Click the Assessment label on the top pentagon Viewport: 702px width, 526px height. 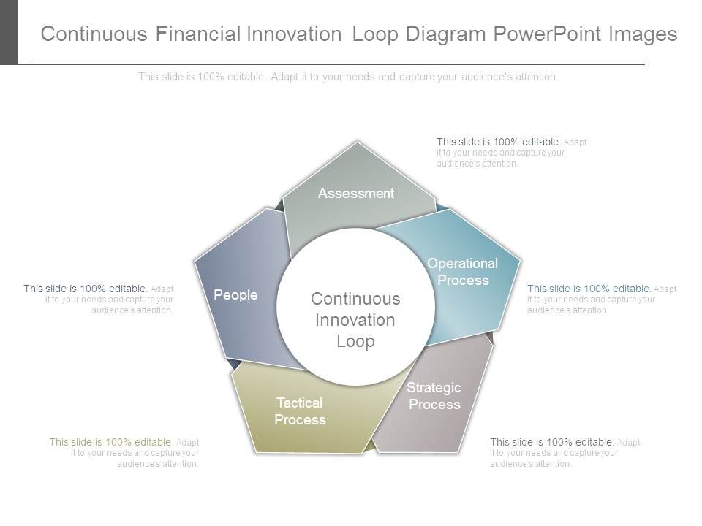356,194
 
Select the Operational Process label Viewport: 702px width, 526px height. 462,272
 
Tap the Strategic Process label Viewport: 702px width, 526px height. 434,396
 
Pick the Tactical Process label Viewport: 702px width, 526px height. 300,411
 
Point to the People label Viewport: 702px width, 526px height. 235,295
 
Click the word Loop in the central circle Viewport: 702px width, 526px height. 355,341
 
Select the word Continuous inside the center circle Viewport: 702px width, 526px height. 355,299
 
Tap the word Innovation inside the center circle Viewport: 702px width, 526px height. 355,320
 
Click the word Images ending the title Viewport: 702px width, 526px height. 643,34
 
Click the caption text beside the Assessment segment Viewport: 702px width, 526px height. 511,153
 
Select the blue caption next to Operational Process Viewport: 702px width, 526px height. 601,300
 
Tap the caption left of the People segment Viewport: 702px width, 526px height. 99,300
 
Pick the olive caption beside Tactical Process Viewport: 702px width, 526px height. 124,453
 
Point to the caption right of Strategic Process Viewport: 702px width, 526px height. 565,453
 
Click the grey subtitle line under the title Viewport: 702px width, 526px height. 348,77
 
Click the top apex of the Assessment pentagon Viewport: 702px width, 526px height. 357,142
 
